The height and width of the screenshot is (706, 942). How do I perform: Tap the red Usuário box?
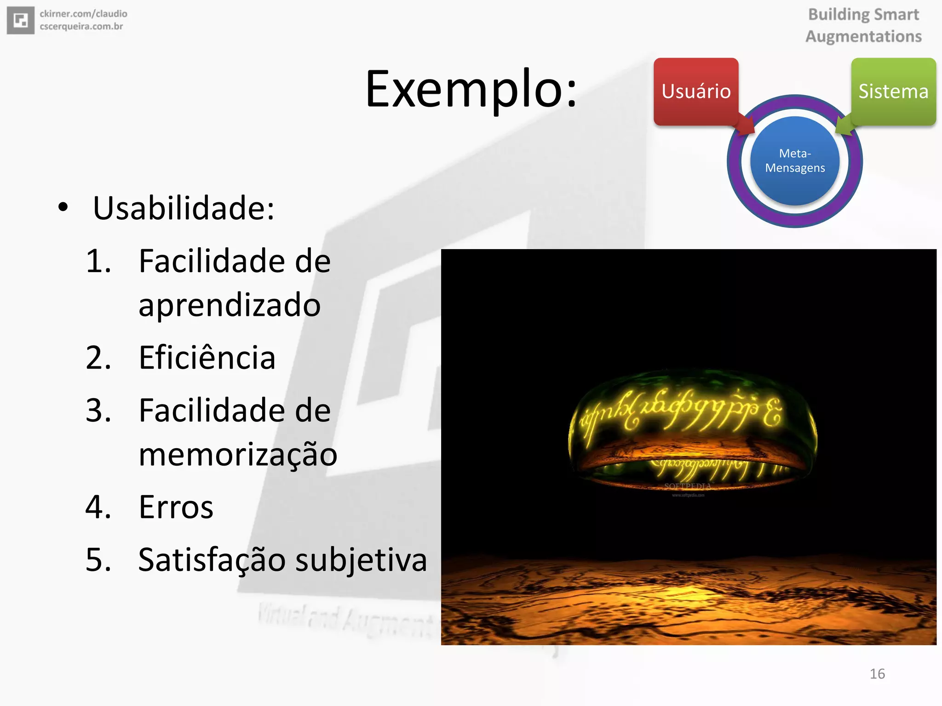coord(695,91)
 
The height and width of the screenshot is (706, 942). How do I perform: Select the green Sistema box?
coord(893,91)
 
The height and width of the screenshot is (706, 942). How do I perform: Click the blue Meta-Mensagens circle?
coord(795,161)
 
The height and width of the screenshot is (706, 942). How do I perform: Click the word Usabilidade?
coord(184,208)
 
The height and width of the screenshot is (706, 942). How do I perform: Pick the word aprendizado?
coord(230,305)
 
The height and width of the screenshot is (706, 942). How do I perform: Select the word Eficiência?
coord(207,358)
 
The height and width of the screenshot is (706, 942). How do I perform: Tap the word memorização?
coord(238,455)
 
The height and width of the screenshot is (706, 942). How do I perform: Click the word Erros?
coord(176,507)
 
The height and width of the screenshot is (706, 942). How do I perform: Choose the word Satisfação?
coord(212,560)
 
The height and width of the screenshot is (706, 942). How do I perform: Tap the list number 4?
coord(98,507)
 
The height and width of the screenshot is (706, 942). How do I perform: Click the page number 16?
coord(877,674)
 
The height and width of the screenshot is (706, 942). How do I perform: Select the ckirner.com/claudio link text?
coord(83,14)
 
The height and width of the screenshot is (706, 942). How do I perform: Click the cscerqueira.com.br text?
coord(81,27)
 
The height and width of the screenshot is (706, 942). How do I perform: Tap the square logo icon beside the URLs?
coord(21,20)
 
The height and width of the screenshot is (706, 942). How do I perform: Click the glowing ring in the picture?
coord(693,427)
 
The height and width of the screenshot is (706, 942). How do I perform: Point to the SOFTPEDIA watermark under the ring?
coord(688,486)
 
